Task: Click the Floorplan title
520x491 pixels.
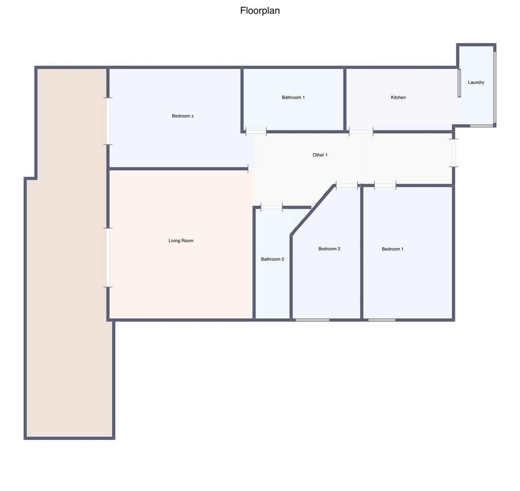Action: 260,10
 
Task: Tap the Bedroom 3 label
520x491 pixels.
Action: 183,116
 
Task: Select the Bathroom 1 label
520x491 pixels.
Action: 293,97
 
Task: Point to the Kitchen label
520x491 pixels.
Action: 398,97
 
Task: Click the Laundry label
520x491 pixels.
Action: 476,82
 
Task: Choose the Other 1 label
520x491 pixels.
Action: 320,155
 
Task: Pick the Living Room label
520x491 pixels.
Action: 181,241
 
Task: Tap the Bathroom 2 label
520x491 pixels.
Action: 272,259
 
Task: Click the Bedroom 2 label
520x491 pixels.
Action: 329,249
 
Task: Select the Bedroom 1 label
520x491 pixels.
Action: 392,249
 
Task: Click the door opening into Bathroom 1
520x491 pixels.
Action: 256,132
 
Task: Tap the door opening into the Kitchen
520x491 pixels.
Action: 361,132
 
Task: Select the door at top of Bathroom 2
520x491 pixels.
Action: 271,207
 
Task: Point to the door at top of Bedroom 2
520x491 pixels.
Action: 347,185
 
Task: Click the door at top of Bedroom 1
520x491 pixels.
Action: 385,185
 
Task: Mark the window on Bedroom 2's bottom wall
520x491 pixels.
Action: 312,320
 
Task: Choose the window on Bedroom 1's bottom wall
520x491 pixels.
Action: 382,320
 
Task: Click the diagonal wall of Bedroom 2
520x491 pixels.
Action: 312,210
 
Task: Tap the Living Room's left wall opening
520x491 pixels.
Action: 108,257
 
